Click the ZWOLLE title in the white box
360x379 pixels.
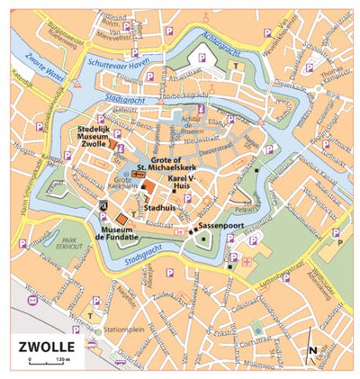tap(46, 346)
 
